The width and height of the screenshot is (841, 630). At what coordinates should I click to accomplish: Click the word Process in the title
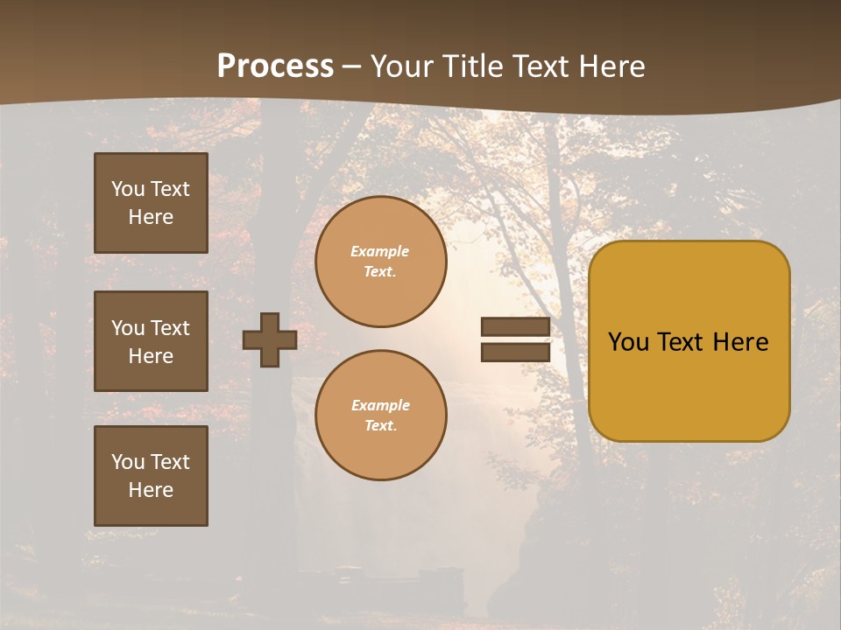(x=275, y=66)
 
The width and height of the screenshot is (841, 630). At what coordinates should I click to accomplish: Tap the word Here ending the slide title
(x=611, y=66)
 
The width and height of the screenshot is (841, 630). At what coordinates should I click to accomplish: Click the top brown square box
(x=151, y=203)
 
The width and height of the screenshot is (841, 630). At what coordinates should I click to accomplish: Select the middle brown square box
(x=151, y=341)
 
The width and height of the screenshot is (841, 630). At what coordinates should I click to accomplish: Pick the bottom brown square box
(x=151, y=476)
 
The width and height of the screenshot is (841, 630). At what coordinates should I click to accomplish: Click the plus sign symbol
(x=270, y=339)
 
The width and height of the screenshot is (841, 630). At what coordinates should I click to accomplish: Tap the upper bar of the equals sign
(x=515, y=327)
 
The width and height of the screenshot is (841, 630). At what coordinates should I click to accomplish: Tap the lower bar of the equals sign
(x=515, y=352)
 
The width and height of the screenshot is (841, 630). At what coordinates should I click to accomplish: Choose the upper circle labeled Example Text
(x=380, y=262)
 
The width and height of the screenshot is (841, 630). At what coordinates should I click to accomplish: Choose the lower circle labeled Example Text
(x=380, y=416)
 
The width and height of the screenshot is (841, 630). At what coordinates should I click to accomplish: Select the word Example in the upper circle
(x=380, y=251)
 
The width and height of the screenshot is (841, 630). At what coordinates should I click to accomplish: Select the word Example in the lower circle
(x=380, y=405)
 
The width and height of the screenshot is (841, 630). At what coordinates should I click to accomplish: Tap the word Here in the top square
(x=151, y=217)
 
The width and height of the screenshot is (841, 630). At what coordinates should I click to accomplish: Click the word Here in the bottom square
(x=151, y=490)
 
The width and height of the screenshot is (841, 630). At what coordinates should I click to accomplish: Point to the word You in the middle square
(x=127, y=328)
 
